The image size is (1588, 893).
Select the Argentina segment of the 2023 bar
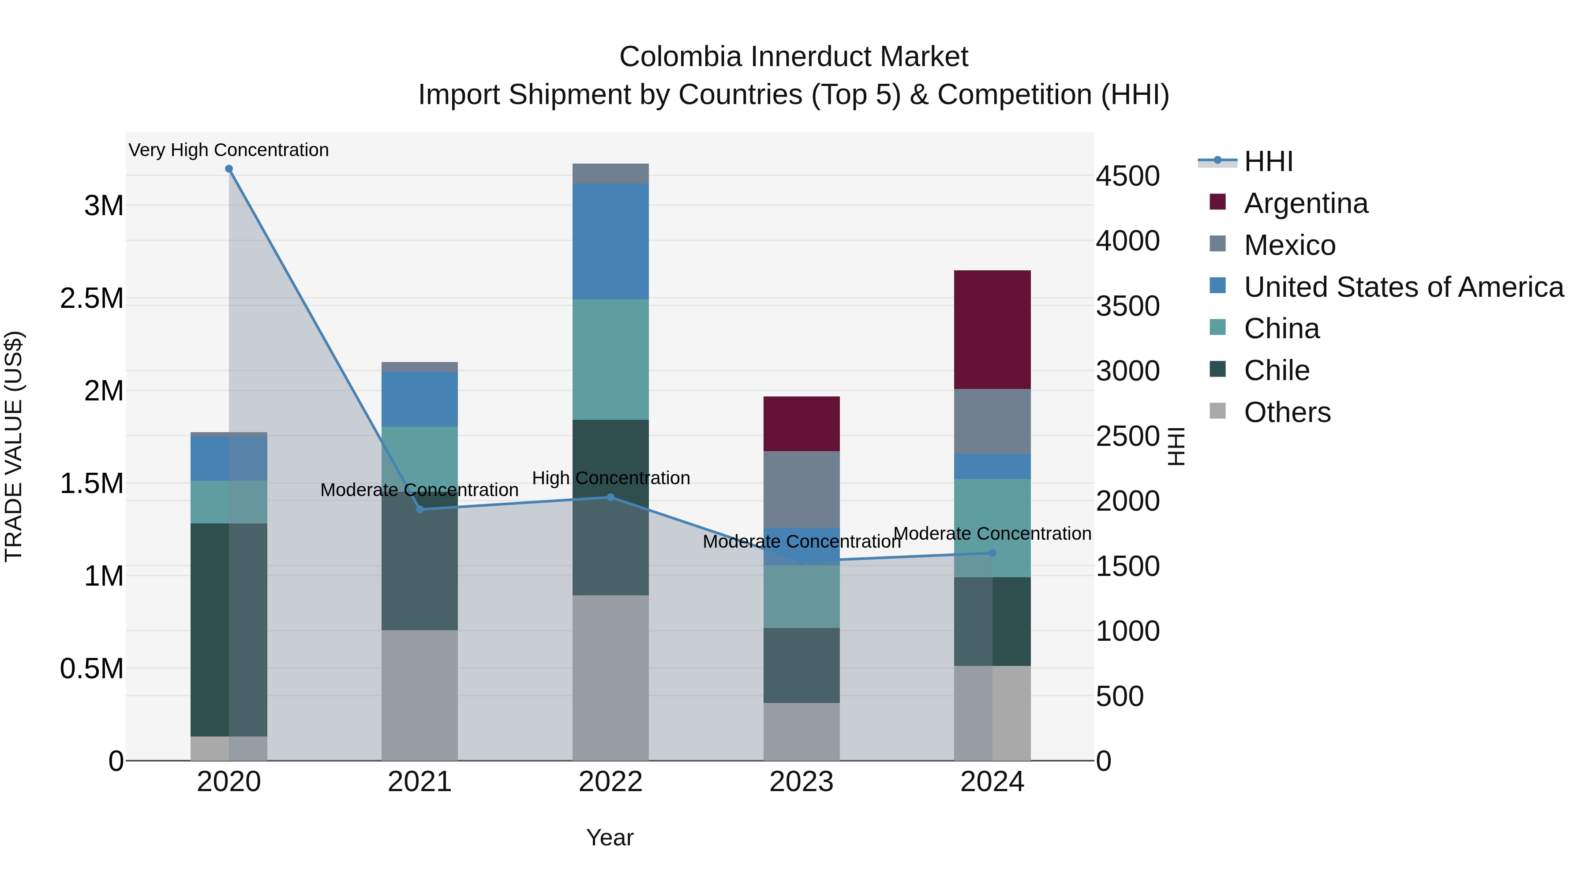[x=801, y=423]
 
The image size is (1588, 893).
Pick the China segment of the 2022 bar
[x=610, y=359]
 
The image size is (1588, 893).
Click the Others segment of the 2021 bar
[x=419, y=695]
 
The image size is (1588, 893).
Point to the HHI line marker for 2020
[x=228, y=169]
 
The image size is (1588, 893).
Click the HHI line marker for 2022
[x=610, y=497]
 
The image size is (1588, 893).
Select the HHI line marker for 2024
[x=992, y=553]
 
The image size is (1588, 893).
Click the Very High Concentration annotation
[x=228, y=150]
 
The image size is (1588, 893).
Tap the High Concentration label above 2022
[x=610, y=478]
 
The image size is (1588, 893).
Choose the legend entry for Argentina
[x=1306, y=203]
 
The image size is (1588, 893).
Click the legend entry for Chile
[x=1276, y=370]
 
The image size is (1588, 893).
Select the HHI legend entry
[x=1268, y=161]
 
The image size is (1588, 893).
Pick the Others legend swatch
[x=1217, y=411]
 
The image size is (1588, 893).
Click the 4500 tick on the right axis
[x=1127, y=176]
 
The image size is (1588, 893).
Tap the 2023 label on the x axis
[x=801, y=781]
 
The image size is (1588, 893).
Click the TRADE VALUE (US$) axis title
[x=14, y=446]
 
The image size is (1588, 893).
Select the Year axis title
[x=610, y=837]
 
